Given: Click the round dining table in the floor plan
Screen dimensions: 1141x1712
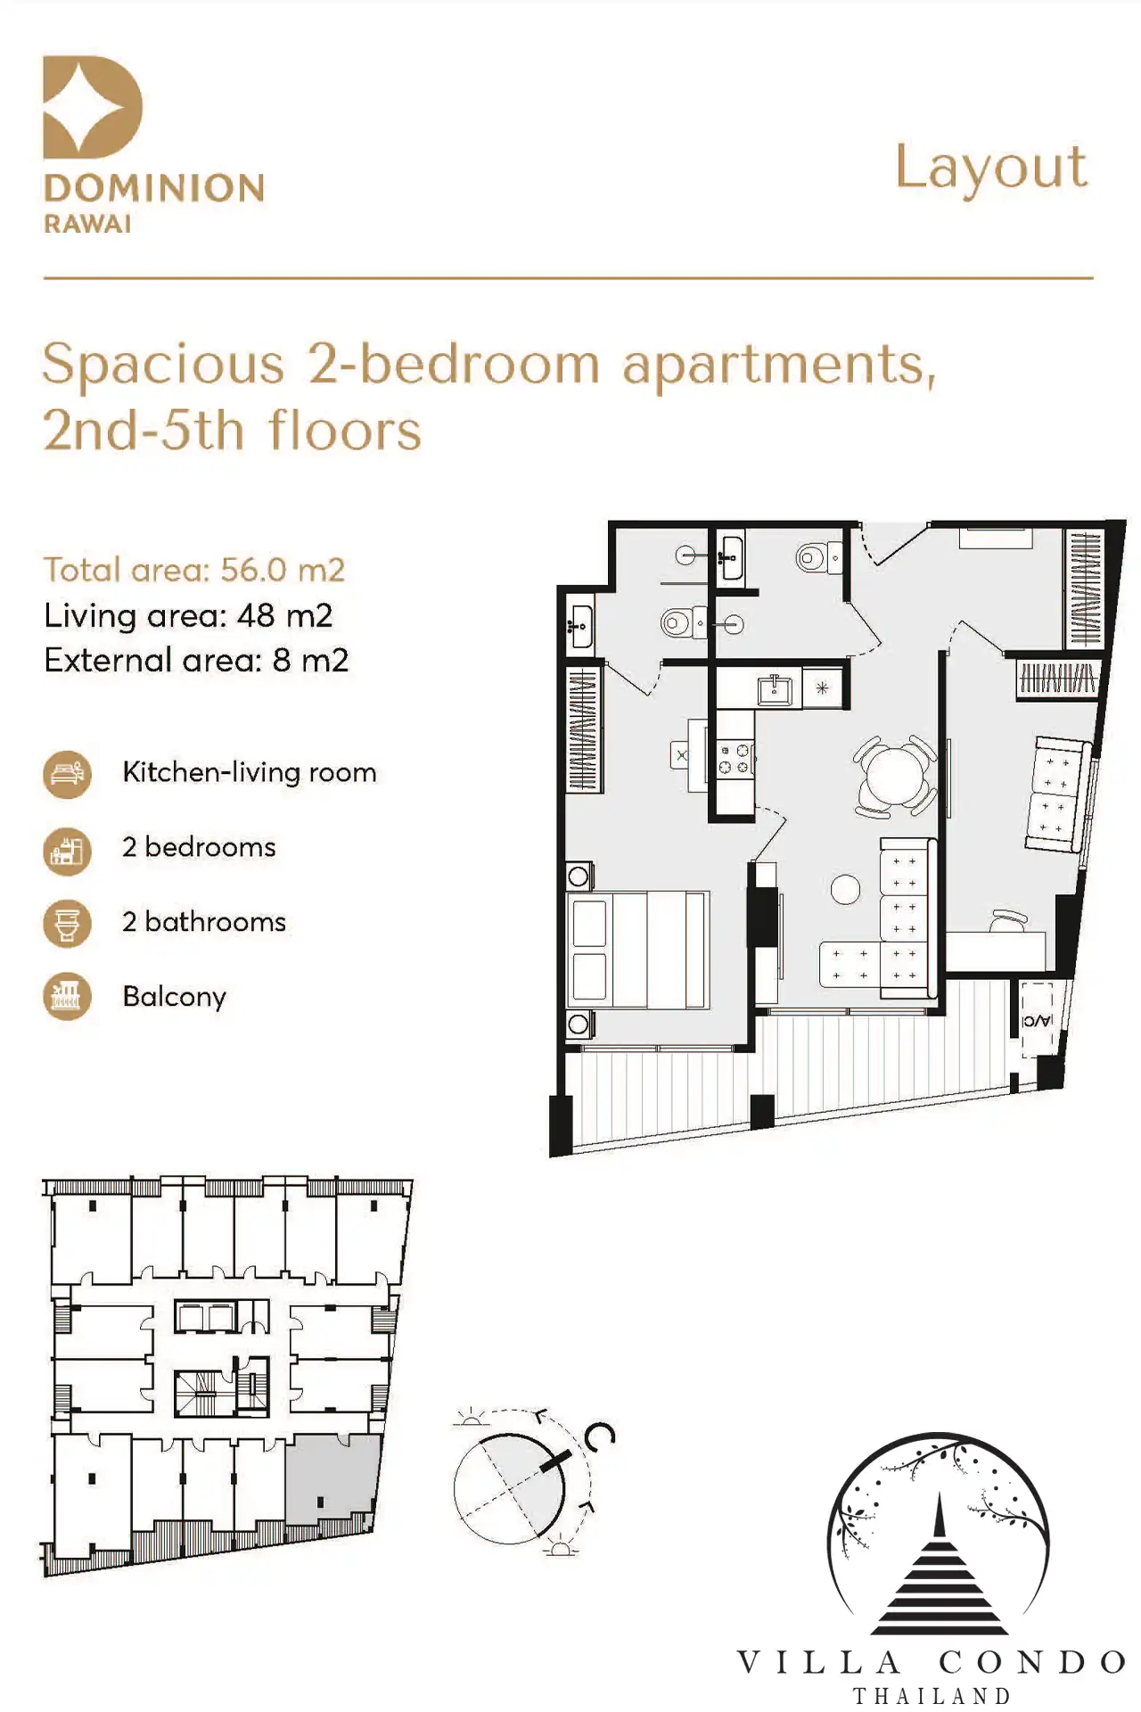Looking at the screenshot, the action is coord(894,776).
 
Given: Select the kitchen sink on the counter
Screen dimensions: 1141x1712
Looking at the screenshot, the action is coord(775,688).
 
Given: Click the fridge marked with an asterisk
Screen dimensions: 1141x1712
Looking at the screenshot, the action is coord(822,688).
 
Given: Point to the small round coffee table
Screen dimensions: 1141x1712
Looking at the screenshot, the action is coord(845,889).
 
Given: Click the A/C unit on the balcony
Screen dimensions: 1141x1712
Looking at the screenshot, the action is coord(1036,1020).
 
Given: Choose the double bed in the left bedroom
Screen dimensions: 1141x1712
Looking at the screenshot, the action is coord(638,951).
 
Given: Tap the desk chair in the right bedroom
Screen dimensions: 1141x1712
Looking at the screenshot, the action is coord(1008,921).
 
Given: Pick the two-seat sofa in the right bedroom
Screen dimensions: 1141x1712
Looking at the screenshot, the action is coord(1057,794).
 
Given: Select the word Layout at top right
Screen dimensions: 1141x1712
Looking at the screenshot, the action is coord(991,169).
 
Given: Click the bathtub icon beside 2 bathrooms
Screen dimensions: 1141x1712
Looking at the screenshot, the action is coord(67,923).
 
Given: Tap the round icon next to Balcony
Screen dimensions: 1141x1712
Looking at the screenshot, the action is coord(67,997).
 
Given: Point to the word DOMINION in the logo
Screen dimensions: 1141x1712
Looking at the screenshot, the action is coord(154,188).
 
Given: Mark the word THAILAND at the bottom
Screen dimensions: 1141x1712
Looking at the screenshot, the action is coord(932,1695).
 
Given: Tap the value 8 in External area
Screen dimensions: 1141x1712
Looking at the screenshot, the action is coord(282,661).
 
